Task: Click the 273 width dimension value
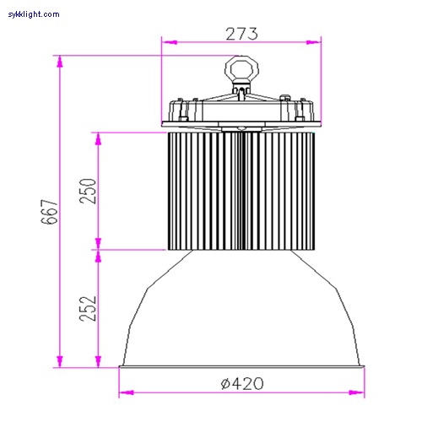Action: (241, 34)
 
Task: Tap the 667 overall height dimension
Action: (50, 212)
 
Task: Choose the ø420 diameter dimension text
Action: (241, 383)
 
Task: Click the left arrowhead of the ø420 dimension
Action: (123, 392)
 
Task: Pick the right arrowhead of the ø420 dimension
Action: (360, 392)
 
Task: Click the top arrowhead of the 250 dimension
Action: (98, 135)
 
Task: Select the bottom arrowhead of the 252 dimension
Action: (98, 364)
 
